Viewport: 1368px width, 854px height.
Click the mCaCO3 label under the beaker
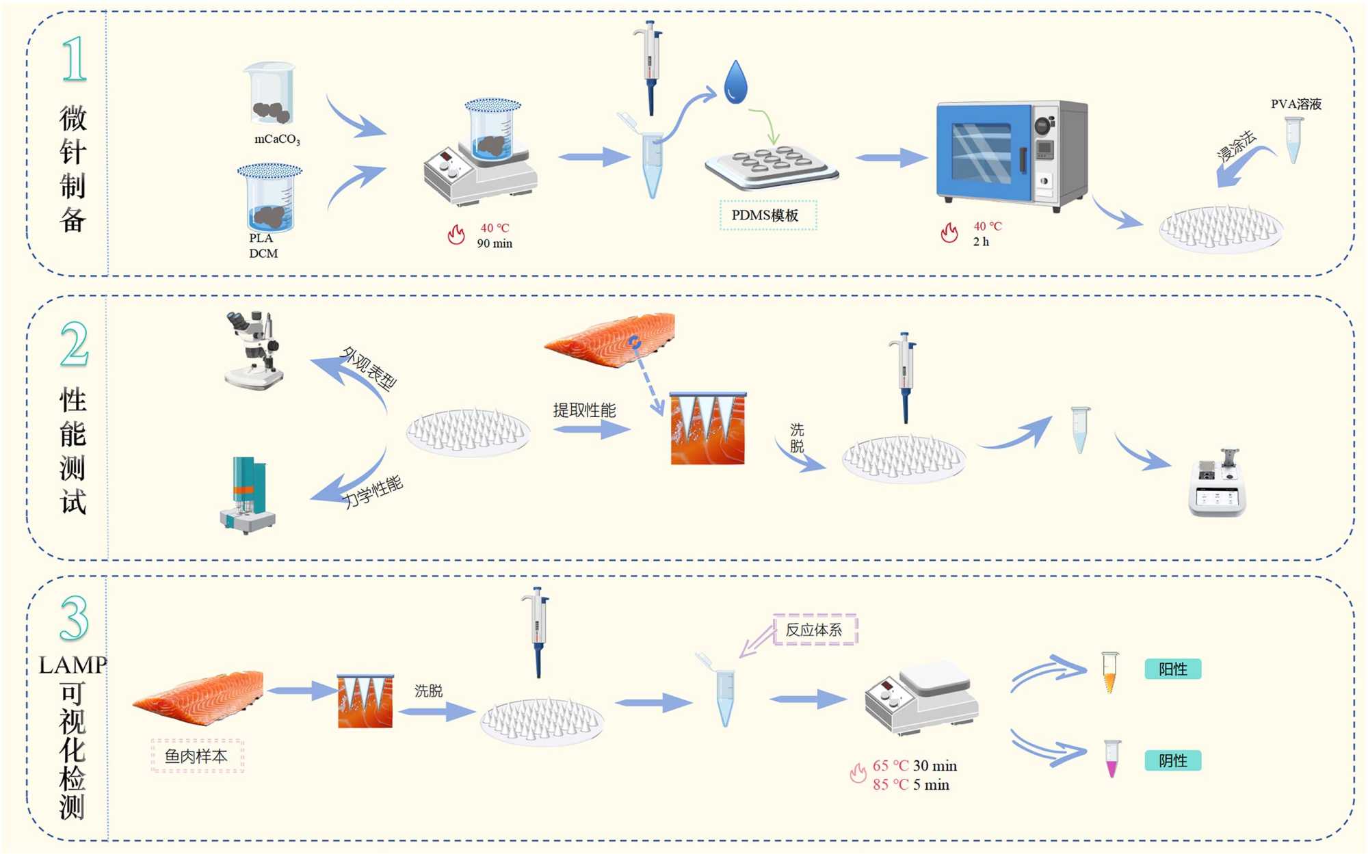point(277,139)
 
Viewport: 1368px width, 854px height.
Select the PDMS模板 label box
point(768,215)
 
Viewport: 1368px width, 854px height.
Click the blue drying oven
point(1012,156)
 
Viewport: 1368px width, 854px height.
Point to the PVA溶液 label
point(1296,104)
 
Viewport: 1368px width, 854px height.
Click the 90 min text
point(495,243)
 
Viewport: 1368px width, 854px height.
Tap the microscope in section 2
point(254,350)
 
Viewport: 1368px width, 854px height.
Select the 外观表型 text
point(369,369)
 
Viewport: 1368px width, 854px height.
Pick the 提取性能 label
point(584,410)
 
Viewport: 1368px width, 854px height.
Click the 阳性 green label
point(1173,669)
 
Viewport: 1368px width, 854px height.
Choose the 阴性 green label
point(1173,760)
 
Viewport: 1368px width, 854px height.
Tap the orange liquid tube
point(1109,672)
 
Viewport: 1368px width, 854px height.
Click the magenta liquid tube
point(1112,759)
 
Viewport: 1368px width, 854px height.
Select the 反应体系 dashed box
point(814,630)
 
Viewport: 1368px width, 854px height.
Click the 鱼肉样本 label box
point(197,756)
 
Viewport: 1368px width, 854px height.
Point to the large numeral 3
point(74,618)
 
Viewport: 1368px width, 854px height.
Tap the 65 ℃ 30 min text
point(915,766)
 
